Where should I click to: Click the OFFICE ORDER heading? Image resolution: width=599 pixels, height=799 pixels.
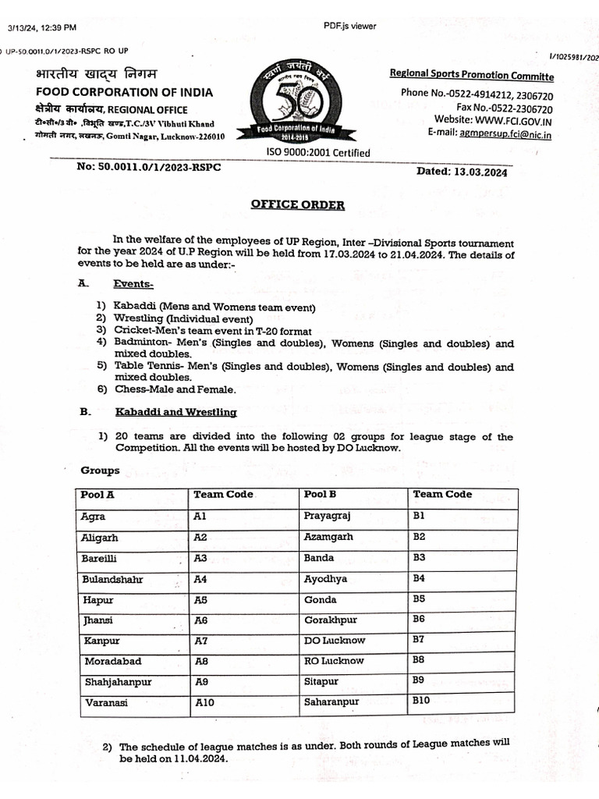pyautogui.click(x=297, y=205)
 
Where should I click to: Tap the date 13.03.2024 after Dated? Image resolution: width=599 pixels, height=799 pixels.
pyautogui.click(x=480, y=173)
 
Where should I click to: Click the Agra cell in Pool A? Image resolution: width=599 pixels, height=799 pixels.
pyautogui.click(x=93, y=517)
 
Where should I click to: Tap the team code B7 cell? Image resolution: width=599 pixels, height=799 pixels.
pyautogui.click(x=419, y=639)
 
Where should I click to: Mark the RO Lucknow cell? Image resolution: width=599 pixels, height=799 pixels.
pyautogui.click(x=334, y=661)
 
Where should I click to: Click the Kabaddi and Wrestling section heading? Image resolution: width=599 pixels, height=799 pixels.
pyautogui.click(x=175, y=411)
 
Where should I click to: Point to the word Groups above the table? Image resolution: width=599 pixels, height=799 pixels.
pyautogui.click(x=100, y=471)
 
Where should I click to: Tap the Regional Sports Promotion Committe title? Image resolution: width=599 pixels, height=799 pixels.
pyautogui.click(x=472, y=76)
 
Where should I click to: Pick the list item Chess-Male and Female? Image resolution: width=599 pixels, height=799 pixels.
pyautogui.click(x=174, y=389)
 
